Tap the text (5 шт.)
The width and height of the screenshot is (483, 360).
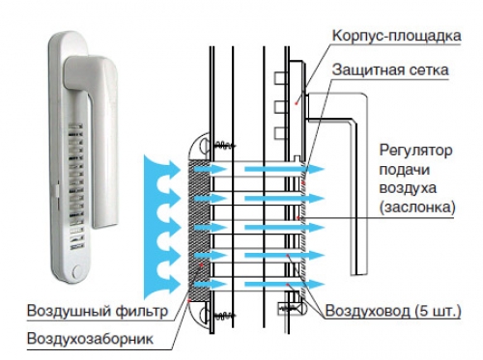point(440,311)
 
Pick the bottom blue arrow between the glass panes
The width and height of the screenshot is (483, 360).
point(265,286)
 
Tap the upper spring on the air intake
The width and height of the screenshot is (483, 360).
point(222,145)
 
